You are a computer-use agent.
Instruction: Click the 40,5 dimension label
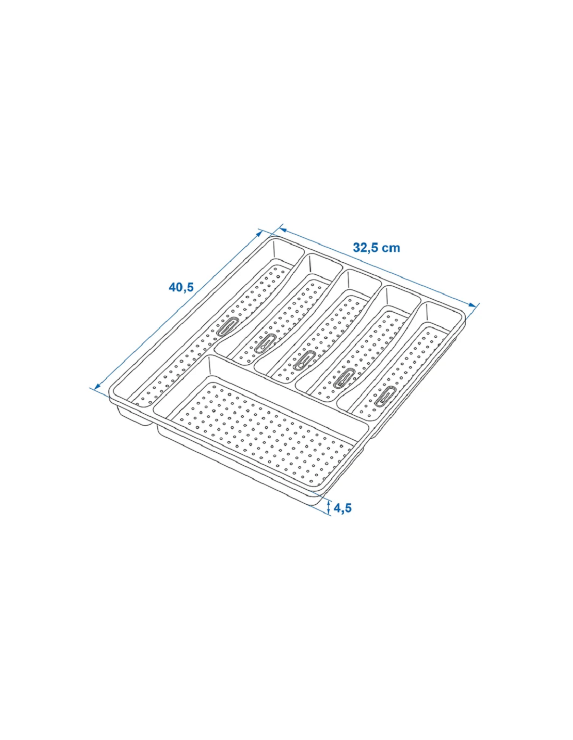(x=181, y=287)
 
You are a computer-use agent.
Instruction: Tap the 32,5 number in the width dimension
(x=365, y=248)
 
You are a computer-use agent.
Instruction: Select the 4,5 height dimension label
(x=342, y=517)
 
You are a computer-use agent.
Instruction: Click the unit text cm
(x=391, y=248)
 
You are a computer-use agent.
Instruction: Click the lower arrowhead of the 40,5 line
(x=97, y=386)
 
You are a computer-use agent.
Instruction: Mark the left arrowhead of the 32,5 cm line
(x=282, y=231)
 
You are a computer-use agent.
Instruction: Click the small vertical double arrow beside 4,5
(x=328, y=516)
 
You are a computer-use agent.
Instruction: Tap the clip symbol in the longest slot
(x=228, y=326)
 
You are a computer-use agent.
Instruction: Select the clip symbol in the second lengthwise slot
(x=265, y=343)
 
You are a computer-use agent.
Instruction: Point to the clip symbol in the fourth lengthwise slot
(x=344, y=378)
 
